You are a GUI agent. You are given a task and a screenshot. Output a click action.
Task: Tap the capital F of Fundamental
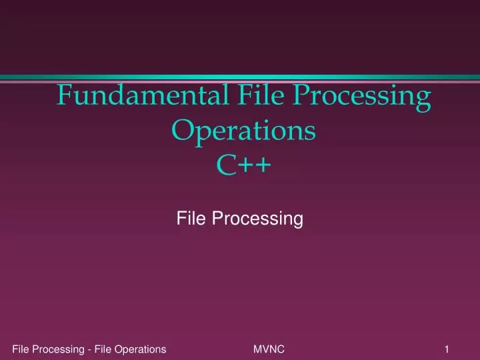pos(64,97)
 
